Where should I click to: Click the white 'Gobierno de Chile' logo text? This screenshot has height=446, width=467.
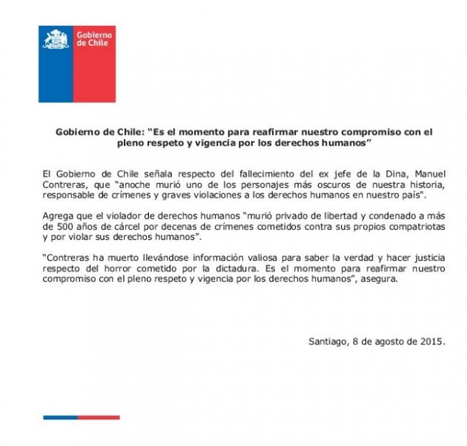[93, 39]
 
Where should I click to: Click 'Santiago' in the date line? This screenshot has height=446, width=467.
[329, 342]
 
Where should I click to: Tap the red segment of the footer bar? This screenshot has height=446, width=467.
[100, 417]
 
